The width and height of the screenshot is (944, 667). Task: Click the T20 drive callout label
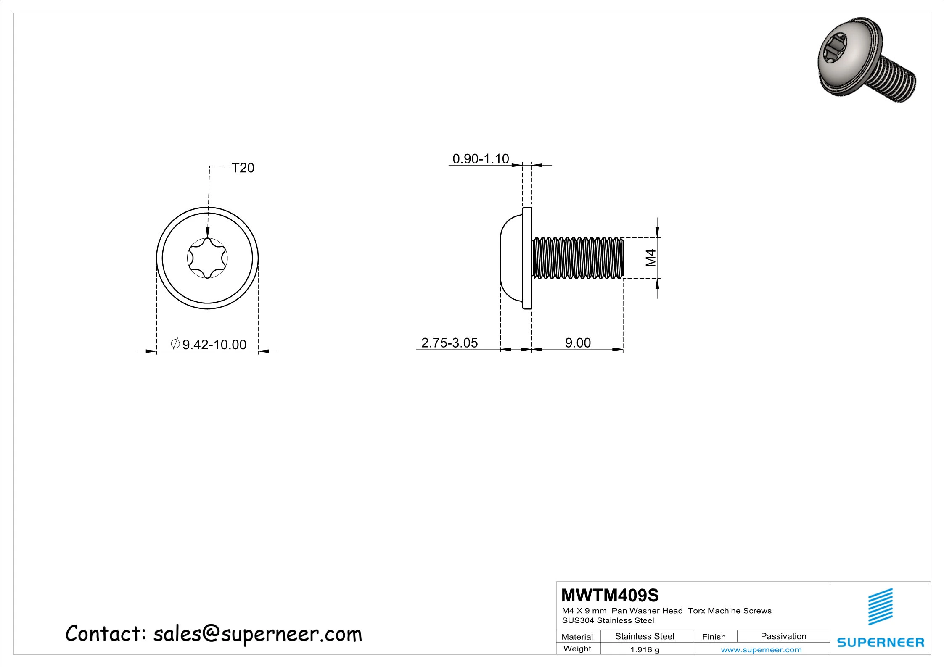[243, 168]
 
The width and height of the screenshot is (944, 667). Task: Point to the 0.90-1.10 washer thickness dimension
[481, 159]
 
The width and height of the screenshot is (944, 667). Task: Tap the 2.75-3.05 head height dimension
[450, 343]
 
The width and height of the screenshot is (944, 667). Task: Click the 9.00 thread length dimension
[578, 343]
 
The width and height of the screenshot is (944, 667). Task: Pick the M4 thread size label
[650, 258]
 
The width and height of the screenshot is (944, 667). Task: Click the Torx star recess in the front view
[207, 258]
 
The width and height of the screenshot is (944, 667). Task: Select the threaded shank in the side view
[578, 258]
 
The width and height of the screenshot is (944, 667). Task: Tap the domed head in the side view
[511, 258]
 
